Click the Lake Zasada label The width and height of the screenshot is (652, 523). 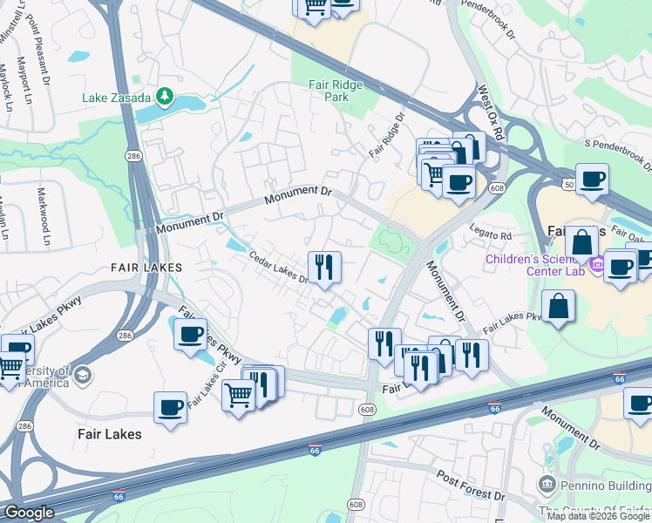pyautogui.click(x=117, y=98)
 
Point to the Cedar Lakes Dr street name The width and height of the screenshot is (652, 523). pyautogui.click(x=279, y=268)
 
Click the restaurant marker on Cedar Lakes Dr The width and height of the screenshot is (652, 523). pyautogui.click(x=324, y=267)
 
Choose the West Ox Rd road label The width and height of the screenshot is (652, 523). pyautogui.click(x=492, y=112)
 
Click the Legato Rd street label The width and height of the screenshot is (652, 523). pyautogui.click(x=493, y=235)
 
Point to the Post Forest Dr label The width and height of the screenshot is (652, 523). pyautogui.click(x=472, y=486)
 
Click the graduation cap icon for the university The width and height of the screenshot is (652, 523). pyautogui.click(x=83, y=375)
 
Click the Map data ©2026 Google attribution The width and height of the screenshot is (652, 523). pyautogui.click(x=598, y=516)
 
